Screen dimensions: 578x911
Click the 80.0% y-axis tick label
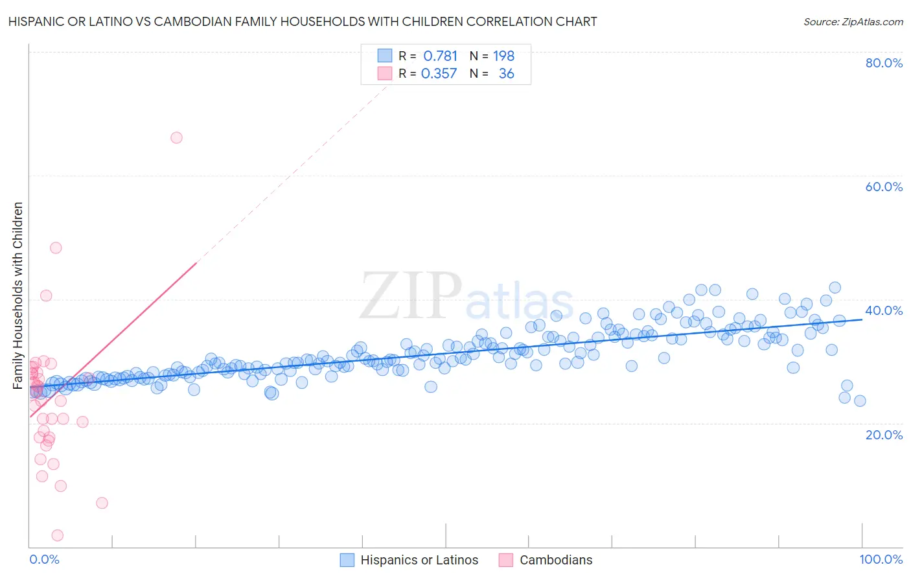(884, 63)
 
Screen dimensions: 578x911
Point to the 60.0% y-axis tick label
(884, 187)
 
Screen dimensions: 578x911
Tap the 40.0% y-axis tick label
(884, 310)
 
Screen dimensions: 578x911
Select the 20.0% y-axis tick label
(884, 434)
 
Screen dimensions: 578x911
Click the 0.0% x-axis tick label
(44, 559)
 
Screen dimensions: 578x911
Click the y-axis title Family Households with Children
(18, 295)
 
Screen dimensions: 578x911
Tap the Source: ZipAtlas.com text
(853, 21)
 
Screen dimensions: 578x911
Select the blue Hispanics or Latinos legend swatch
(347, 560)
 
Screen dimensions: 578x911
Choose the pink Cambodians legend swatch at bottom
(506, 560)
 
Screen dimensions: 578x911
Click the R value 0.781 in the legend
(440, 56)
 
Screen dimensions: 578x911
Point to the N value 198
(503, 56)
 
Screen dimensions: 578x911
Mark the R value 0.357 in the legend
(439, 73)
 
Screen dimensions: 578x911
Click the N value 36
(506, 73)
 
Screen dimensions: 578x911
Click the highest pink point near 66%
(176, 137)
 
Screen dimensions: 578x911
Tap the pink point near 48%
(56, 248)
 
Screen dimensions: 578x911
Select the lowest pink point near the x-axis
(57, 535)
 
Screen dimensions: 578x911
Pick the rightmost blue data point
(860, 400)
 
